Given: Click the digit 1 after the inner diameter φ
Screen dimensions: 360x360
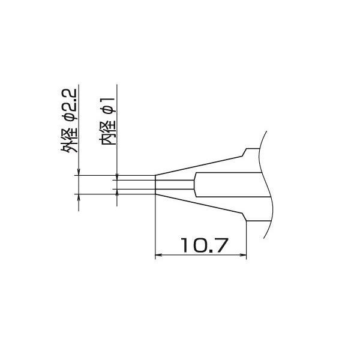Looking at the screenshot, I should pos(109,97).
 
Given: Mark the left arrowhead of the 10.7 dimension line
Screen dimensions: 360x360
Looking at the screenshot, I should pos(159,256).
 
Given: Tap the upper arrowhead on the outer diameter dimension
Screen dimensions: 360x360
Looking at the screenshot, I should pos(79,173).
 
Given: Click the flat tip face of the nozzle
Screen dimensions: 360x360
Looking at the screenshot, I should pos(155,185).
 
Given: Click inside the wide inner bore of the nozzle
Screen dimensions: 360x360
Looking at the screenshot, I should pos(228,185).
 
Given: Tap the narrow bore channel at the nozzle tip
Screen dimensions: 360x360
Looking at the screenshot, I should pos(174,185).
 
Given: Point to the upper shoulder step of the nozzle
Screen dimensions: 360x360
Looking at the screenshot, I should pos(245,152).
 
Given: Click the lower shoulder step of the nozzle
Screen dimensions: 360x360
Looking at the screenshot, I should pos(245,218).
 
